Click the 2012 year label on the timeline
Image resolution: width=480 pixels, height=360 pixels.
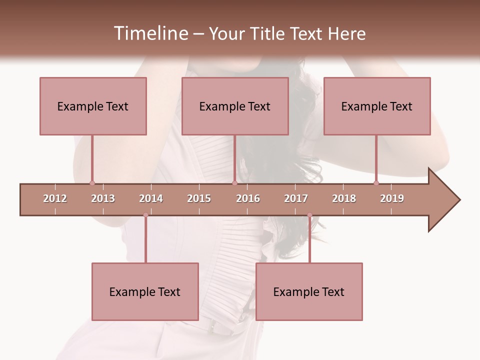click(x=55, y=198)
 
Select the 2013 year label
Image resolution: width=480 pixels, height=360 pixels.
click(x=103, y=198)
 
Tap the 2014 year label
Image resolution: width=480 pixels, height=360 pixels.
click(x=151, y=198)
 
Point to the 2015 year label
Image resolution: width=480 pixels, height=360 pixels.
click(x=199, y=198)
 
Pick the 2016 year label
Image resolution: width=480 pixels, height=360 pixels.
click(x=248, y=198)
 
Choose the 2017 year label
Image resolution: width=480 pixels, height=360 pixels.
click(x=296, y=198)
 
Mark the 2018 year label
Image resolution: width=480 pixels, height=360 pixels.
click(x=344, y=198)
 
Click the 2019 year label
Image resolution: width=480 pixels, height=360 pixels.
click(x=392, y=198)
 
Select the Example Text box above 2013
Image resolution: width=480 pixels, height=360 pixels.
click(x=93, y=106)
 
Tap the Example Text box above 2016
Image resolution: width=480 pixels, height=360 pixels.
click(x=235, y=106)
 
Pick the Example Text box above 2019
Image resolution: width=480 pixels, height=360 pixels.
click(x=377, y=106)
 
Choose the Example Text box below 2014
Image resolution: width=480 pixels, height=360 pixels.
click(x=145, y=291)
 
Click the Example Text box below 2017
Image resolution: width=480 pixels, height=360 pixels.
click(x=309, y=291)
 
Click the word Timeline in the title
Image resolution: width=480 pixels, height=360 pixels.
click(x=150, y=33)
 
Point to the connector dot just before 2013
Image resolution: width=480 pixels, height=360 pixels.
click(x=92, y=183)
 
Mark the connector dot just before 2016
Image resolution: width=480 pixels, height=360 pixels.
click(x=234, y=183)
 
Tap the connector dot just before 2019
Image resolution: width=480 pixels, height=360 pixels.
click(x=376, y=183)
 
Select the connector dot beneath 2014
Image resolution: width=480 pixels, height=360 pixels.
click(x=145, y=215)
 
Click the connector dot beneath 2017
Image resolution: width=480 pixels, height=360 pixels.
click(x=309, y=215)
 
